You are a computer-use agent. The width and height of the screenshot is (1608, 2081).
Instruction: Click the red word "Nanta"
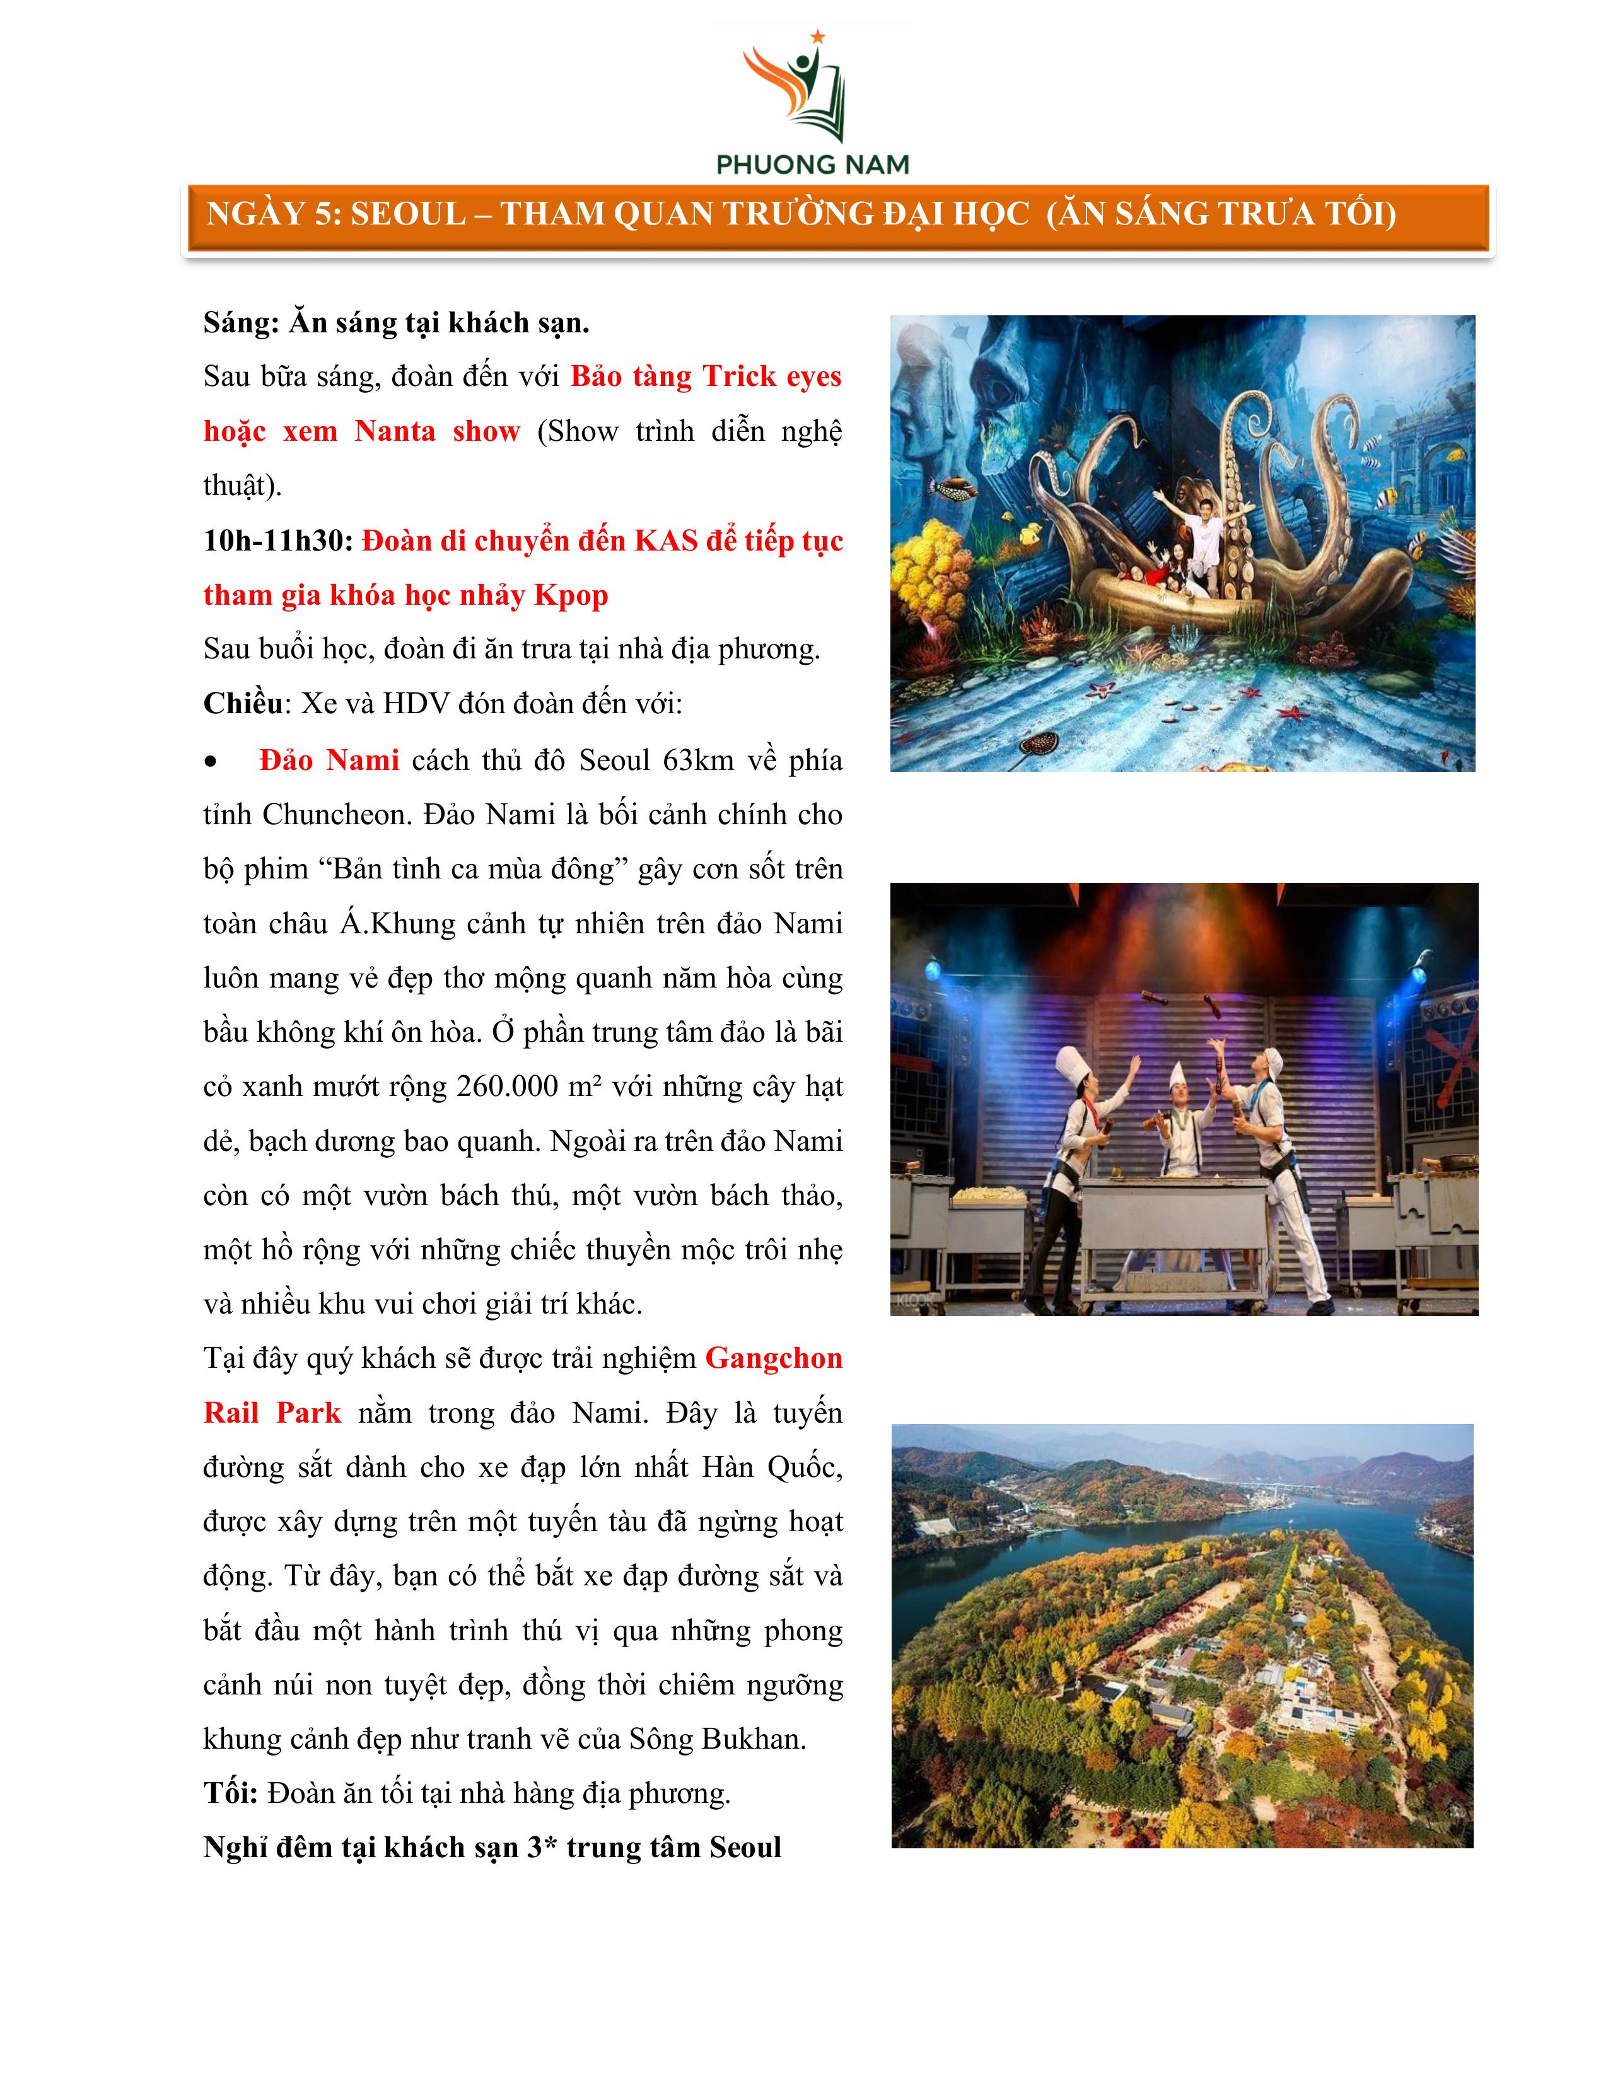click(x=394, y=431)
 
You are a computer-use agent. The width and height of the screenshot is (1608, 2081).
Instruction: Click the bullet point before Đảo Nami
click(x=211, y=761)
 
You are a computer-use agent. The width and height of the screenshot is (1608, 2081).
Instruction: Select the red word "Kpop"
click(x=571, y=595)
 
